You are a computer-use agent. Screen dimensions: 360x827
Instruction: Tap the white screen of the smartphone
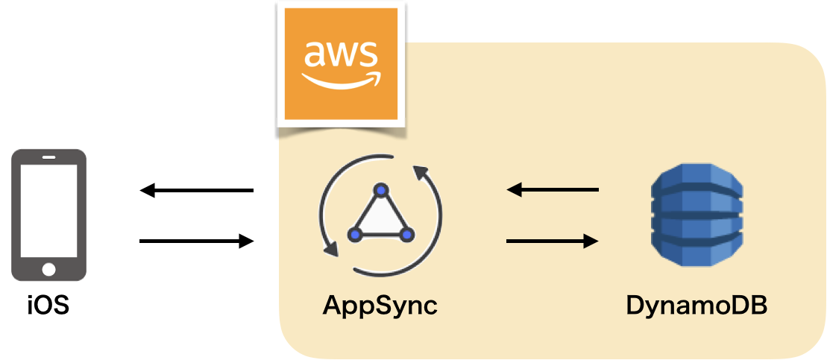pyautogui.click(x=48, y=209)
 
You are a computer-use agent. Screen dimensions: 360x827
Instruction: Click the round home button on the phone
pyautogui.click(x=48, y=268)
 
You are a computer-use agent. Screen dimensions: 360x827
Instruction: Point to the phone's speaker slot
pyautogui.click(x=48, y=157)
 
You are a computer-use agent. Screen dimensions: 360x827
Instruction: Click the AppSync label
pyautogui.click(x=379, y=306)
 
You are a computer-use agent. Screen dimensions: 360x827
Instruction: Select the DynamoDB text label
pyautogui.click(x=696, y=306)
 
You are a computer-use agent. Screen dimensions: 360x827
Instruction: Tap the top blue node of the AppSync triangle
pyautogui.click(x=381, y=190)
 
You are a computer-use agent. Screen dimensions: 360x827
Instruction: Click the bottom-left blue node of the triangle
pyautogui.click(x=356, y=235)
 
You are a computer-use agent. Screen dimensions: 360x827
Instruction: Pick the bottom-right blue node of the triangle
pyautogui.click(x=406, y=235)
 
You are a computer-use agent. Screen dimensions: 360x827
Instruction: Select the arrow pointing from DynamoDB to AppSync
pyautogui.click(x=552, y=191)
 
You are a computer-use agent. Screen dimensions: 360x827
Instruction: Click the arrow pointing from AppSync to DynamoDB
pyautogui.click(x=552, y=241)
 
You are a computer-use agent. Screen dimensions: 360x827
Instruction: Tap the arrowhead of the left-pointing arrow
pyautogui.click(x=514, y=191)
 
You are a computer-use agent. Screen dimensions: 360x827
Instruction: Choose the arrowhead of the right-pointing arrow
pyautogui.click(x=591, y=241)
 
